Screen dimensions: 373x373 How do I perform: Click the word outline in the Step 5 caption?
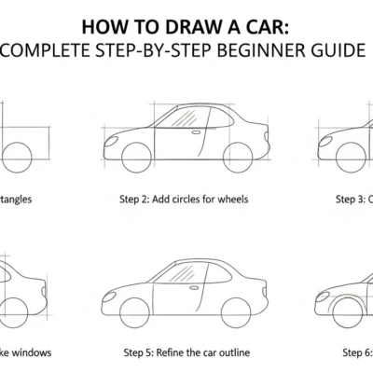[x=232, y=352]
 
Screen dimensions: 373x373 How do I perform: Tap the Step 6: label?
[x=355, y=352]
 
